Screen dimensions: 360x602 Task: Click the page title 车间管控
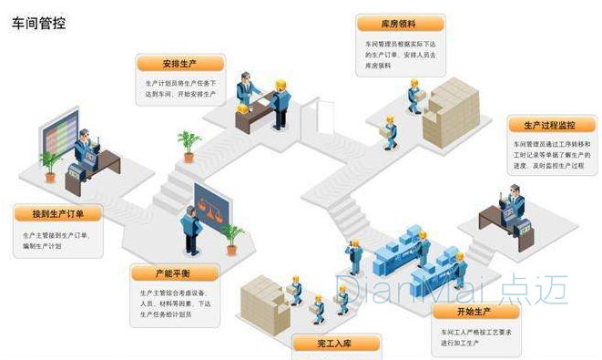click(37, 21)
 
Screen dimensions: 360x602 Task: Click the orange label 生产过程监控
click(542, 125)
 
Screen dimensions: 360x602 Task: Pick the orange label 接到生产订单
click(57, 214)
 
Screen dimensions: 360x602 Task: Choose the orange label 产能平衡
click(174, 273)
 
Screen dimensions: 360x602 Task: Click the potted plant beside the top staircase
click(189, 144)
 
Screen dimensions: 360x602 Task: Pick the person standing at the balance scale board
click(190, 229)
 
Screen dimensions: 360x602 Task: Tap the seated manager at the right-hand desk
click(515, 205)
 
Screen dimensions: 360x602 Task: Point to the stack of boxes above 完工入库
click(263, 301)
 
